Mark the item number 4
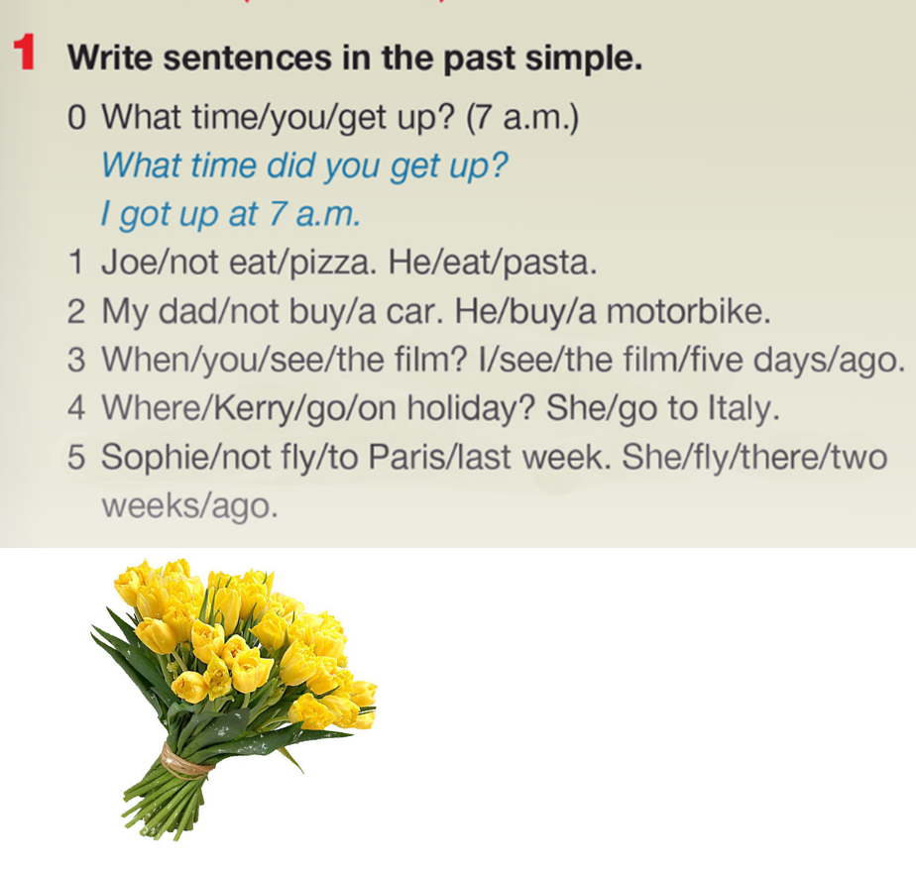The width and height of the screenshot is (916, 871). (x=76, y=407)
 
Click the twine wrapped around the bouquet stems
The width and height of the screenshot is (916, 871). (x=186, y=761)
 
